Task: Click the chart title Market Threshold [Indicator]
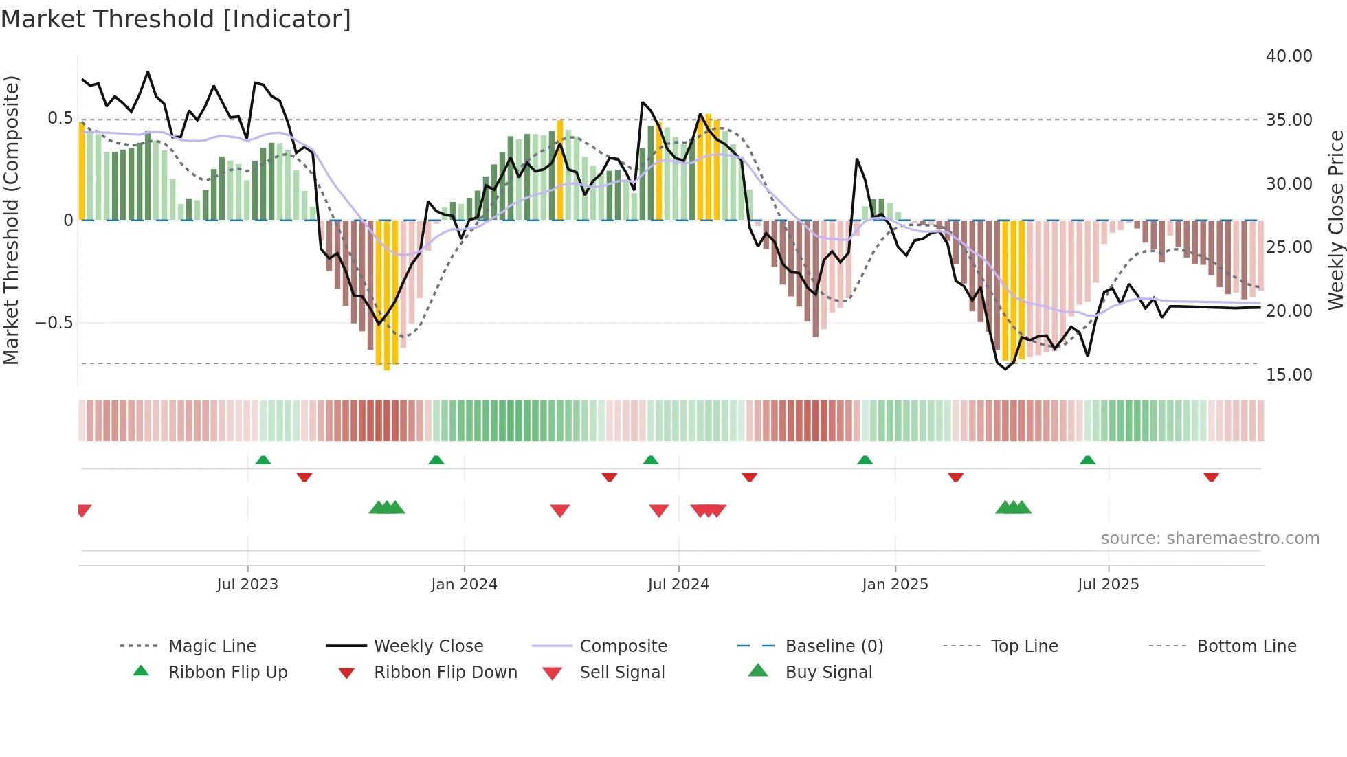(176, 19)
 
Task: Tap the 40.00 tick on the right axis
(1289, 56)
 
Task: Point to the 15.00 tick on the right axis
(1289, 375)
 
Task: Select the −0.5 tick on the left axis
(54, 323)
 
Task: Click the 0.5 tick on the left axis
(60, 118)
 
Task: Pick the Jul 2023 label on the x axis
(247, 585)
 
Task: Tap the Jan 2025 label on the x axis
(895, 585)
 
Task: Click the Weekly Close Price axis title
(1335, 220)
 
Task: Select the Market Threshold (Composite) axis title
(11, 220)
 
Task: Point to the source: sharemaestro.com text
(1210, 539)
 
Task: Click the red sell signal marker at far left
(84, 510)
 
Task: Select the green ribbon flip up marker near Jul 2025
(1087, 460)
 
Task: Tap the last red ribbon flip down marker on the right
(1211, 477)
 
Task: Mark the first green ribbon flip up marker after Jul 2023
(263, 460)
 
